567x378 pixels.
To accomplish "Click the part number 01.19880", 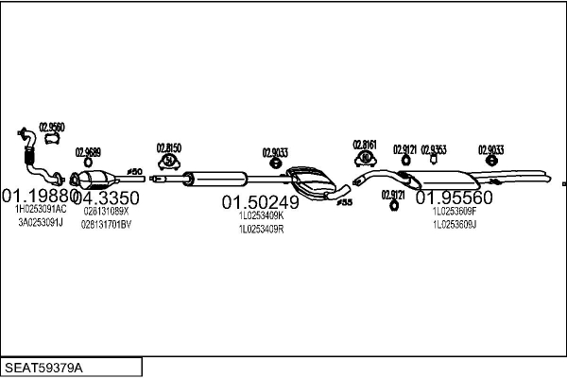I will (40, 196).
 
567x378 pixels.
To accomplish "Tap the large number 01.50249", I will (261, 201).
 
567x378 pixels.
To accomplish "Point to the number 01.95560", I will (455, 198).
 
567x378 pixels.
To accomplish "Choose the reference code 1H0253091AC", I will (42, 210).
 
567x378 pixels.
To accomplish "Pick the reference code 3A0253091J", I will (40, 223).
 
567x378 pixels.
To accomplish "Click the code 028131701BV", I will (106, 225).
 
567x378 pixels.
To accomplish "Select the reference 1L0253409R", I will (261, 228).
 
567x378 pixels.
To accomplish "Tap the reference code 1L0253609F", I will (455, 212).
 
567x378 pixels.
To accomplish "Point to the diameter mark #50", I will (134, 171).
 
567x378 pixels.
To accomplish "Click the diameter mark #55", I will (345, 201).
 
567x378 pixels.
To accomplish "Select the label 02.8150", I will (168, 147).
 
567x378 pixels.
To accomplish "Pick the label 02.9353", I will (434, 148).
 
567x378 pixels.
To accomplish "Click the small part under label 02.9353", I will (434, 161).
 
